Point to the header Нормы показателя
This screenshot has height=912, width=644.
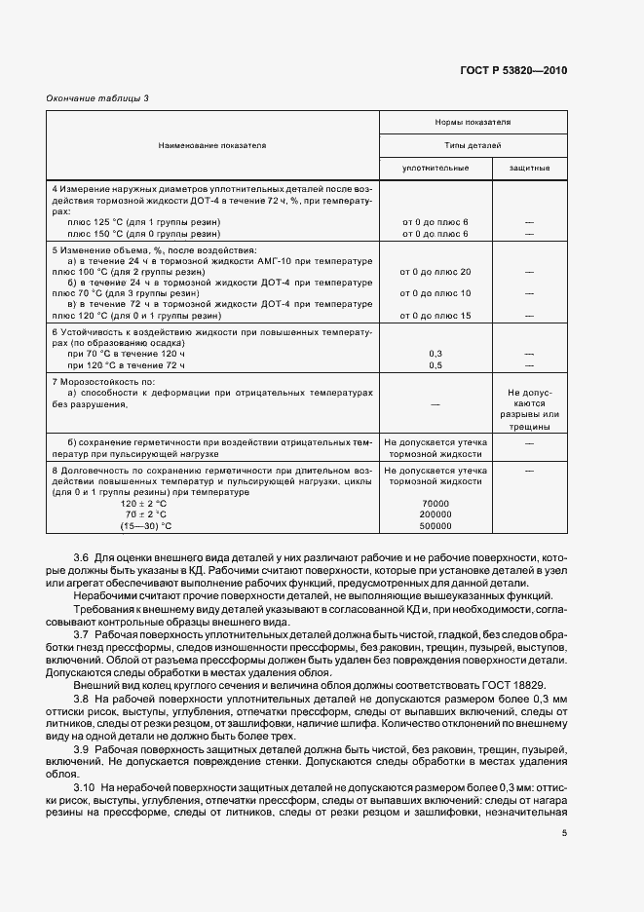[x=473, y=123]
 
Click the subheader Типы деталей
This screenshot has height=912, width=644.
[x=473, y=144]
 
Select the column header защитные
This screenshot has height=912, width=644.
[x=529, y=168]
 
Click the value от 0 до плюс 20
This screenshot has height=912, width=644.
[x=436, y=272]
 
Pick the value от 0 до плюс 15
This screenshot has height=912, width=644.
[x=436, y=316]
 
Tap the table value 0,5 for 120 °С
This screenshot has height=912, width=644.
[x=436, y=364]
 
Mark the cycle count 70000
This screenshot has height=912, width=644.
[x=436, y=503]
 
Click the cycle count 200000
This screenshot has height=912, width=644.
[x=436, y=514]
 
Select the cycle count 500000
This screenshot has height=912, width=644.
[x=436, y=526]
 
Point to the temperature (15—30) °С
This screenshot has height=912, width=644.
[x=143, y=526]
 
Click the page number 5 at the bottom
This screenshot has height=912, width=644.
[x=563, y=833]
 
